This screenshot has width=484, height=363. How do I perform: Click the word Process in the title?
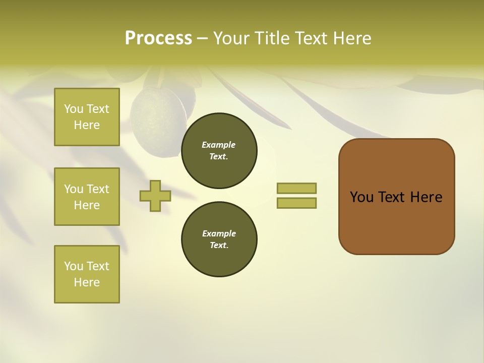[158, 38]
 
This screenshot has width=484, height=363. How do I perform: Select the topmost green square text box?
[87, 117]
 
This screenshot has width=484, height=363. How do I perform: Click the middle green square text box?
[87, 197]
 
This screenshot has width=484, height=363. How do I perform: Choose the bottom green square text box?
[87, 274]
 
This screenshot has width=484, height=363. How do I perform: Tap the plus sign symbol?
[155, 196]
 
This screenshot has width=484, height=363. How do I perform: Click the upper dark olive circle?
[219, 151]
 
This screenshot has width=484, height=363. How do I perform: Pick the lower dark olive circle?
[219, 239]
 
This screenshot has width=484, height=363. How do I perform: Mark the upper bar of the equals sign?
[296, 188]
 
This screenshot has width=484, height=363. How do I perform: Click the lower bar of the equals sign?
[296, 203]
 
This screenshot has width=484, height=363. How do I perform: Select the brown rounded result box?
[396, 197]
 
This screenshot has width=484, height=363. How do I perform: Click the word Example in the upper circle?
[219, 145]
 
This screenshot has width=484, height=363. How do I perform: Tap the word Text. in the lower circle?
[219, 246]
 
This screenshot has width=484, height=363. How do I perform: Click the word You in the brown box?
[361, 197]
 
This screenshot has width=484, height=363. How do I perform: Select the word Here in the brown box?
[426, 197]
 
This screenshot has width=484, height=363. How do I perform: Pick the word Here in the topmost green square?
[87, 125]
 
